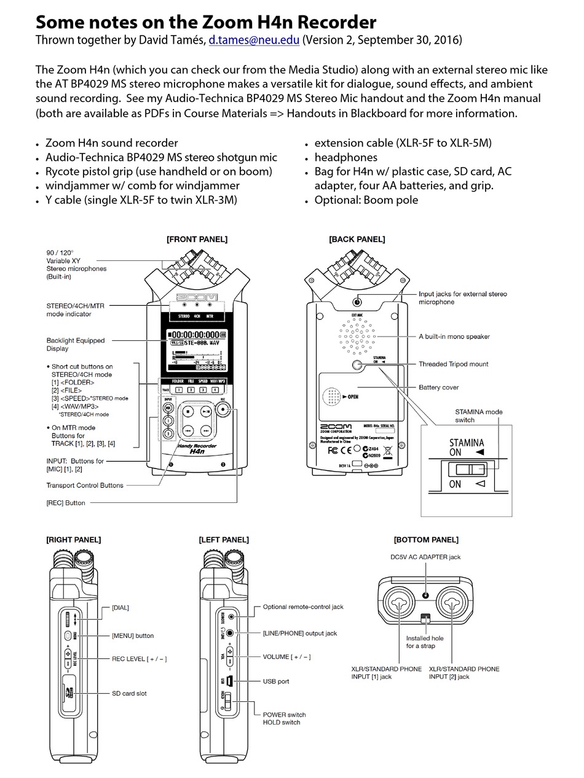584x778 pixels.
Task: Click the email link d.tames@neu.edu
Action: tap(254, 41)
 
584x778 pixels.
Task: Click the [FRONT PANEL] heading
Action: tap(197, 239)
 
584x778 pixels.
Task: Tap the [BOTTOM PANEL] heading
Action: tap(426, 540)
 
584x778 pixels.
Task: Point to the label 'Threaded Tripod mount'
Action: tap(453, 364)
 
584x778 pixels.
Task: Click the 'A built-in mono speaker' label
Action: tap(454, 336)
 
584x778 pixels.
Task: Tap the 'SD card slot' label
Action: tap(129, 693)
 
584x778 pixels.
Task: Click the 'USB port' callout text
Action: tap(276, 681)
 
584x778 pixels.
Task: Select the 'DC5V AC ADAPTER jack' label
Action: tap(425, 557)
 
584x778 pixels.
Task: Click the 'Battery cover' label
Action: tap(438, 387)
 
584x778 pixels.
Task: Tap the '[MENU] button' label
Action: tap(133, 636)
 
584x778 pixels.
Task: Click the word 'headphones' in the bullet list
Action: tap(345, 157)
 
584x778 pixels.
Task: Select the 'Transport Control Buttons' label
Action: tap(85, 485)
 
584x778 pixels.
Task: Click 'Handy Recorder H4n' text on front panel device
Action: tap(196, 448)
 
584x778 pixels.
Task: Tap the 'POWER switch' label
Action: tap(284, 714)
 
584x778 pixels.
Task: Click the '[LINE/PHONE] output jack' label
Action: tap(300, 633)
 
